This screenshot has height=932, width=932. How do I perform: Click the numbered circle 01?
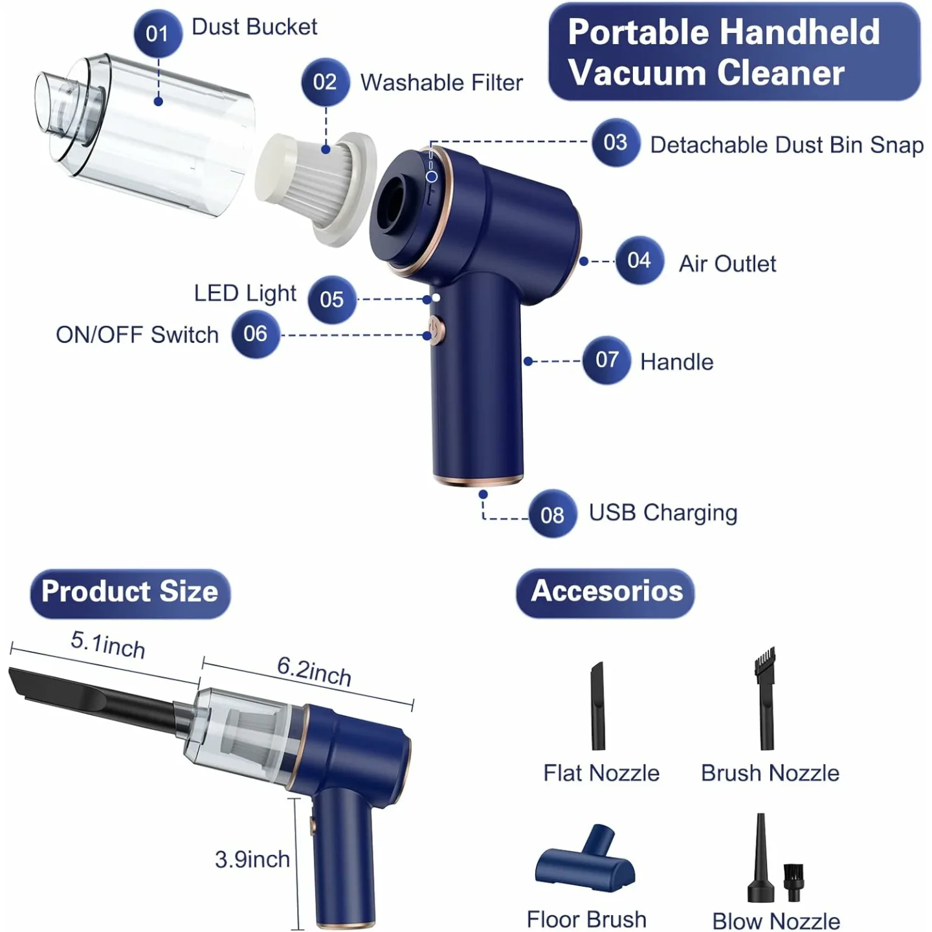click(157, 33)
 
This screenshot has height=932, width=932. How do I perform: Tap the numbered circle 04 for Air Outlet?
click(639, 260)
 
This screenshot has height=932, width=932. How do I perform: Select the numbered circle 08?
click(552, 515)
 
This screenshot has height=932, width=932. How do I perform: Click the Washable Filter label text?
click(441, 83)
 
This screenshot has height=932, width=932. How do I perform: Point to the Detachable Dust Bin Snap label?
click(786, 145)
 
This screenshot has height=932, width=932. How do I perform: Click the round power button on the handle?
click(437, 330)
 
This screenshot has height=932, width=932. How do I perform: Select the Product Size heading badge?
click(130, 592)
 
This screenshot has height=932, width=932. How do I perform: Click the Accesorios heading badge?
click(606, 592)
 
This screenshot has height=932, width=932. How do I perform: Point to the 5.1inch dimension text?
click(108, 645)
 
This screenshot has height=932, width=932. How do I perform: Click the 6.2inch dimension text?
click(314, 671)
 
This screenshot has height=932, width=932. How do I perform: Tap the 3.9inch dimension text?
click(252, 860)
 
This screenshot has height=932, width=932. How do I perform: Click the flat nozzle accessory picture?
click(597, 705)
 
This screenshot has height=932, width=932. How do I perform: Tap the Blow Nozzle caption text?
click(776, 920)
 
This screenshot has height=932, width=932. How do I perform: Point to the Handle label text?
click(676, 362)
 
